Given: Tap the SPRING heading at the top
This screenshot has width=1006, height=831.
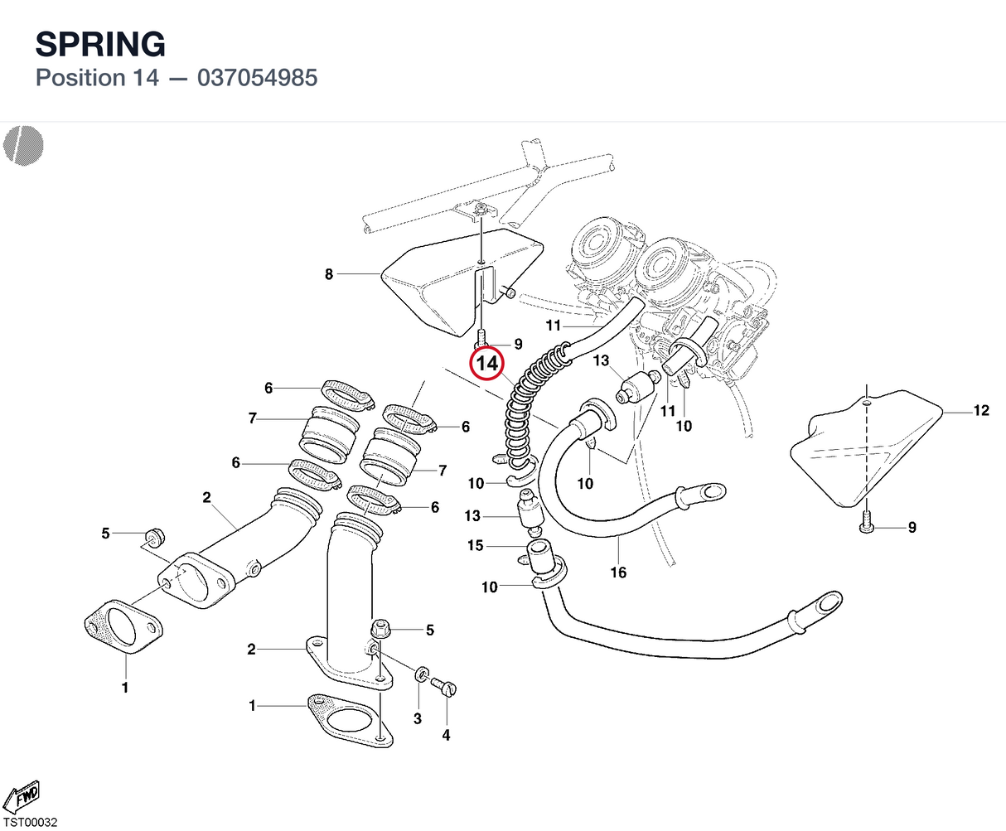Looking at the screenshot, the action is tap(100, 44).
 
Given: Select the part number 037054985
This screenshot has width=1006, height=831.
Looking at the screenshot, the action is tap(257, 78).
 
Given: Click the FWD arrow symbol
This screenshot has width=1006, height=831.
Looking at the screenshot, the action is tap(22, 797).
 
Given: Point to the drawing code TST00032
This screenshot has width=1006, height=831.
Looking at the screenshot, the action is tap(31, 823).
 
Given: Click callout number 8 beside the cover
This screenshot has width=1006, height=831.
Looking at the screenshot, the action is tap(329, 274).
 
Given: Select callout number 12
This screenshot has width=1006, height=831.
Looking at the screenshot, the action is tap(981, 410).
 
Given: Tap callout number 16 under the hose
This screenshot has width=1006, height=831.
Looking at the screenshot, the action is tap(618, 573).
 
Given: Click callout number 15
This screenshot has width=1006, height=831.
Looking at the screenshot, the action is tap(475, 545).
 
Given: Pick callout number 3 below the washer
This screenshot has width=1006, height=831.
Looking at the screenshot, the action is tap(418, 718).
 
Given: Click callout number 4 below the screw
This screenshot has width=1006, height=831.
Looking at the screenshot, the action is tap(446, 735).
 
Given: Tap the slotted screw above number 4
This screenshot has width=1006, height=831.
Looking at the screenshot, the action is tap(443, 686).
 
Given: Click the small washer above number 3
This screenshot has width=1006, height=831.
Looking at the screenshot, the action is tap(421, 674).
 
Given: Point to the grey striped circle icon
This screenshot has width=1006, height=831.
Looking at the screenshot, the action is tap(23, 146).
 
